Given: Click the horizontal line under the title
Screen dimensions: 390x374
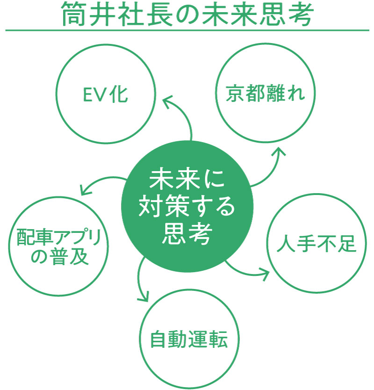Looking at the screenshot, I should pyautogui.click(x=187, y=31).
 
